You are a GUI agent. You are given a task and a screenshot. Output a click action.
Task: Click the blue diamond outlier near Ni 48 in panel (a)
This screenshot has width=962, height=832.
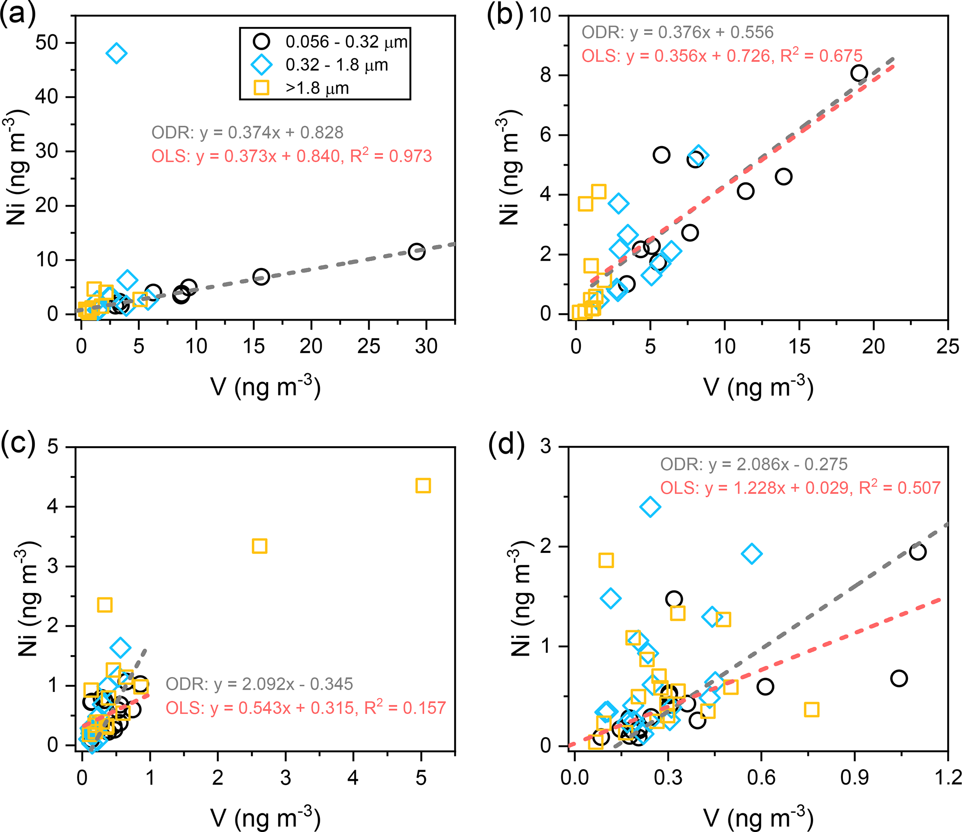pyautogui.click(x=116, y=54)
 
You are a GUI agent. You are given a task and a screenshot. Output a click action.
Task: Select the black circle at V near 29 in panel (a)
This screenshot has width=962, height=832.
pyautogui.click(x=416, y=252)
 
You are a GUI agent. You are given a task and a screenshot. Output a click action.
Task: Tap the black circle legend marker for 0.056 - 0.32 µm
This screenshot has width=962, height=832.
pyautogui.click(x=261, y=41)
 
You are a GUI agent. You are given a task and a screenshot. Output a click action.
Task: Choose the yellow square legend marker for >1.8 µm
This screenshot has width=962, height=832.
pyautogui.click(x=261, y=87)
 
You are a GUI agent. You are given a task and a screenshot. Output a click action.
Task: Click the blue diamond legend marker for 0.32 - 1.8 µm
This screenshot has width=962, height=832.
pyautogui.click(x=261, y=65)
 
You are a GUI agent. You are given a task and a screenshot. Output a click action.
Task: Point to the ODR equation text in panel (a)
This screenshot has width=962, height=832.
pyautogui.click(x=247, y=133)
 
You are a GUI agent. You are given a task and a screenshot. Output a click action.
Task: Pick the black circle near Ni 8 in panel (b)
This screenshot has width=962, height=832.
pyautogui.click(x=859, y=73)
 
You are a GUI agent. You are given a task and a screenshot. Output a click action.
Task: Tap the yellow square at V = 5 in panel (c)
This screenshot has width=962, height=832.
pyautogui.click(x=423, y=486)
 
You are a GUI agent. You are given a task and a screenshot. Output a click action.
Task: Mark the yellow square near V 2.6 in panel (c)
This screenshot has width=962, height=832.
pyautogui.click(x=259, y=546)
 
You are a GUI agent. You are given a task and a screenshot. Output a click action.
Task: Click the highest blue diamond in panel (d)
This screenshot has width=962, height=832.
pyautogui.click(x=650, y=507)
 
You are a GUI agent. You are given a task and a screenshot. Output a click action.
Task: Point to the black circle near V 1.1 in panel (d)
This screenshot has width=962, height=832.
pyautogui.click(x=917, y=552)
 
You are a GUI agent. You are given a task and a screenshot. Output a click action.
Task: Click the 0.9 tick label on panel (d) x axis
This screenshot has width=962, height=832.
pyautogui.click(x=854, y=778)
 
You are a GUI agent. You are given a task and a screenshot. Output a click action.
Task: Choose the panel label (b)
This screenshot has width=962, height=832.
pyautogui.click(x=505, y=15)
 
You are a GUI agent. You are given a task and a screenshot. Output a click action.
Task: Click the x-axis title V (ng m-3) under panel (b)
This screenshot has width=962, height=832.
pyautogui.click(x=758, y=387)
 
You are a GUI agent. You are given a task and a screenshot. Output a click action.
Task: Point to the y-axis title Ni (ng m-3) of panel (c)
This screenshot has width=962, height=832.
pyautogui.click(x=29, y=598)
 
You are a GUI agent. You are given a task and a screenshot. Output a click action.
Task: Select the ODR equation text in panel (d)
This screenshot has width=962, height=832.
pyautogui.click(x=753, y=464)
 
